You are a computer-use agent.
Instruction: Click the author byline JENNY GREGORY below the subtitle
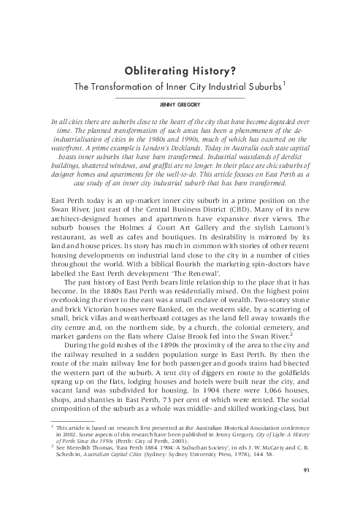coord(180,105)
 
